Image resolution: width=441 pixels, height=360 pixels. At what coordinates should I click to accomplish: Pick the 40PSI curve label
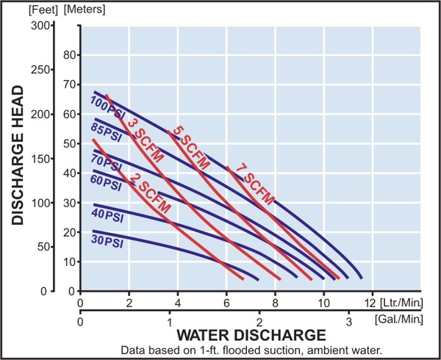pyautogui.click(x=107, y=217)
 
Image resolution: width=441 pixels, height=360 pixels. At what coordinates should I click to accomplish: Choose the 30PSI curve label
pyautogui.click(x=107, y=240)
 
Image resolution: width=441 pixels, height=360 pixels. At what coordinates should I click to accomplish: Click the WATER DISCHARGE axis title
pyautogui.click(x=249, y=336)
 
